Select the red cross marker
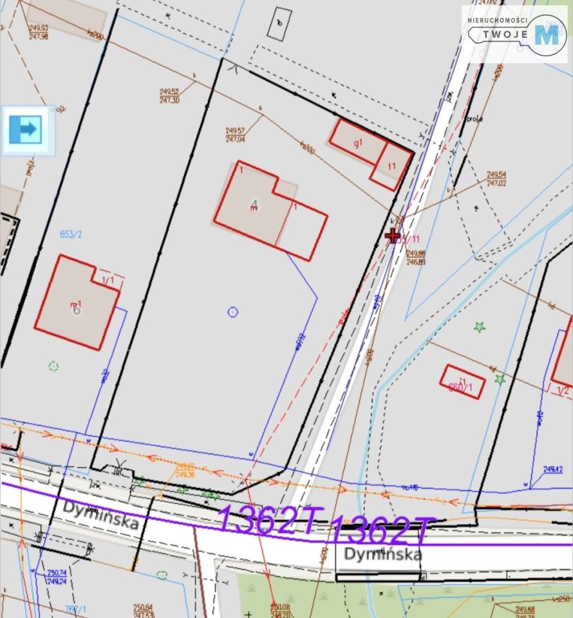[391, 236]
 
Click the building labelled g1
[358, 143]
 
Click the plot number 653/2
[71, 234]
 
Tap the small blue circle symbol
[233, 312]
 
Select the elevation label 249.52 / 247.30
[169, 96]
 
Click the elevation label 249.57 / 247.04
[235, 135]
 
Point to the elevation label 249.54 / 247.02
[496, 178]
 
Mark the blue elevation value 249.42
[553, 470]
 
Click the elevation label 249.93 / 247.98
[39, 32]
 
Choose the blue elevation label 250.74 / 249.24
[57, 576]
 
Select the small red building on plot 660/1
[462, 381]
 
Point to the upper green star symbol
[479, 327]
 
